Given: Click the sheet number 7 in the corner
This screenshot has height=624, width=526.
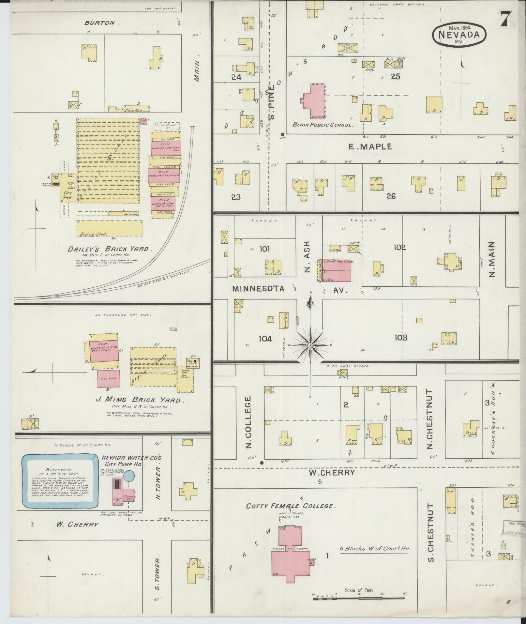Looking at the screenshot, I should point(506,19).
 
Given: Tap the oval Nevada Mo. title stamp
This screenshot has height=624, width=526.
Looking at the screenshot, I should point(459,34).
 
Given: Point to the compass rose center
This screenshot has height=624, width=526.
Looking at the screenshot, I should point(310,345).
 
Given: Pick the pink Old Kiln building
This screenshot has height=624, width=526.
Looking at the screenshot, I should point(109,378).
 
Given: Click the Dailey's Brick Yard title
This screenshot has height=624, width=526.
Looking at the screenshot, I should point(110,249).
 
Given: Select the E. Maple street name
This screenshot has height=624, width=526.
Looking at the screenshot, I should point(370,147).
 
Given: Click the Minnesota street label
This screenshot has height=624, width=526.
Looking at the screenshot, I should point(259,288).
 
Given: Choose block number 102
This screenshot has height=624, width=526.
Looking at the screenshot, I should point(400,248).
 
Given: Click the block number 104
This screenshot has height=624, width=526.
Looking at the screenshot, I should point(265,339).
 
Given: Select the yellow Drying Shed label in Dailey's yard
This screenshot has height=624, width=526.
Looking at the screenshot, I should point(93,234).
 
